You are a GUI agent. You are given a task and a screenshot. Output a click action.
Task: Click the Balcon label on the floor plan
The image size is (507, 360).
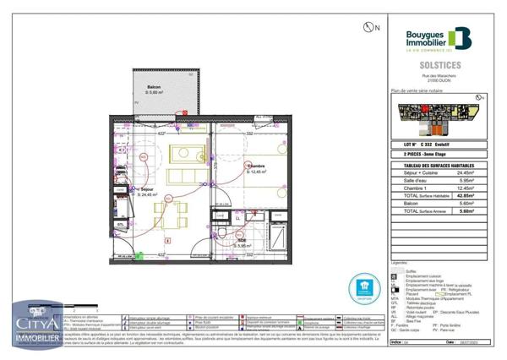click(x=154, y=87)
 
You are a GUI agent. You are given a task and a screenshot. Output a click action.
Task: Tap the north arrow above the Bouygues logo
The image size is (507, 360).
click(x=368, y=27)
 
